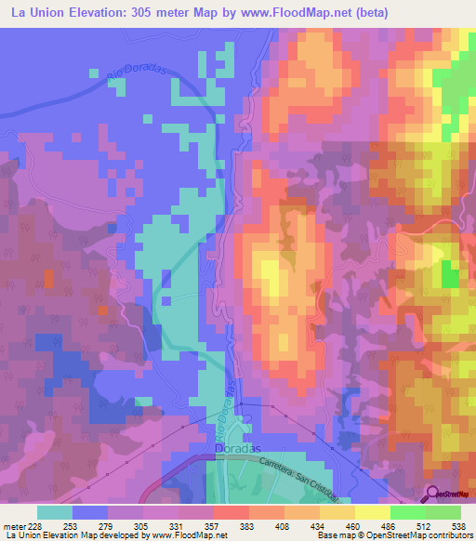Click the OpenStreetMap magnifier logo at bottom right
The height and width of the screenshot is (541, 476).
click(x=433, y=494)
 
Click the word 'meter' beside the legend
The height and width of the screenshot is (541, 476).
click(x=13, y=527)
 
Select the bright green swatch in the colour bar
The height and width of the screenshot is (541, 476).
click(x=408, y=512)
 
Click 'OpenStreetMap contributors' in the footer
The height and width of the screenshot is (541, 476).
click(x=427, y=536)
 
